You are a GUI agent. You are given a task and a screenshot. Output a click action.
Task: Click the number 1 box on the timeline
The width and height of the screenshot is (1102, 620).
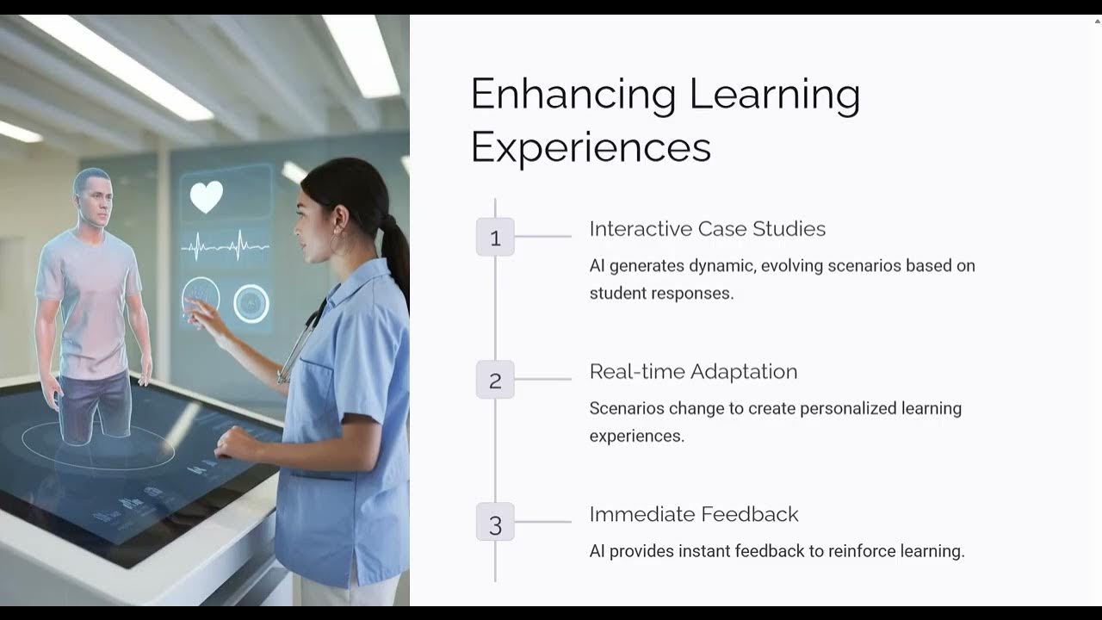coord(495,237)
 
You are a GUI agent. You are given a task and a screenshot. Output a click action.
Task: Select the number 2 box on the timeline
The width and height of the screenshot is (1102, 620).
coord(495,380)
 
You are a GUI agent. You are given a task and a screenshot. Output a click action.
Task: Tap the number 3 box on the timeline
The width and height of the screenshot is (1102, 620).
coord(495,523)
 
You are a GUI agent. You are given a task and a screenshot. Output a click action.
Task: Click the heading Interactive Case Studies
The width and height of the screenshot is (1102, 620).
coord(707,229)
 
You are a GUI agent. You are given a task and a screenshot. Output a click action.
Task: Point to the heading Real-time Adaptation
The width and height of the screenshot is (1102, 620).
coord(693,372)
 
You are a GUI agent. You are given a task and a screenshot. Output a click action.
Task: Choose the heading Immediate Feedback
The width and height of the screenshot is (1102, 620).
coord(694,514)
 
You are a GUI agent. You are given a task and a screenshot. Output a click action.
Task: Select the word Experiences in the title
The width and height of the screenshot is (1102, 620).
coord(591,146)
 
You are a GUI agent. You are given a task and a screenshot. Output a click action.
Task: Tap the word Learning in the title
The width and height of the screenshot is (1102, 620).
coord(775,95)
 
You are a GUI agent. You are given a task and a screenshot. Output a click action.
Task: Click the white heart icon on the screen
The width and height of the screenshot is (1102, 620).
coord(207,196)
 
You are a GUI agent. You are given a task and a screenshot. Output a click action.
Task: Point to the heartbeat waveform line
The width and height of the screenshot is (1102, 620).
coord(226,248)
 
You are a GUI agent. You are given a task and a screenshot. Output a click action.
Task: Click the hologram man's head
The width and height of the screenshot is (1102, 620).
coord(92,196)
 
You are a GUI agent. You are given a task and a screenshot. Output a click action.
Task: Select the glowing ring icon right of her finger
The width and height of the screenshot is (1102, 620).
coord(251,303)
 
